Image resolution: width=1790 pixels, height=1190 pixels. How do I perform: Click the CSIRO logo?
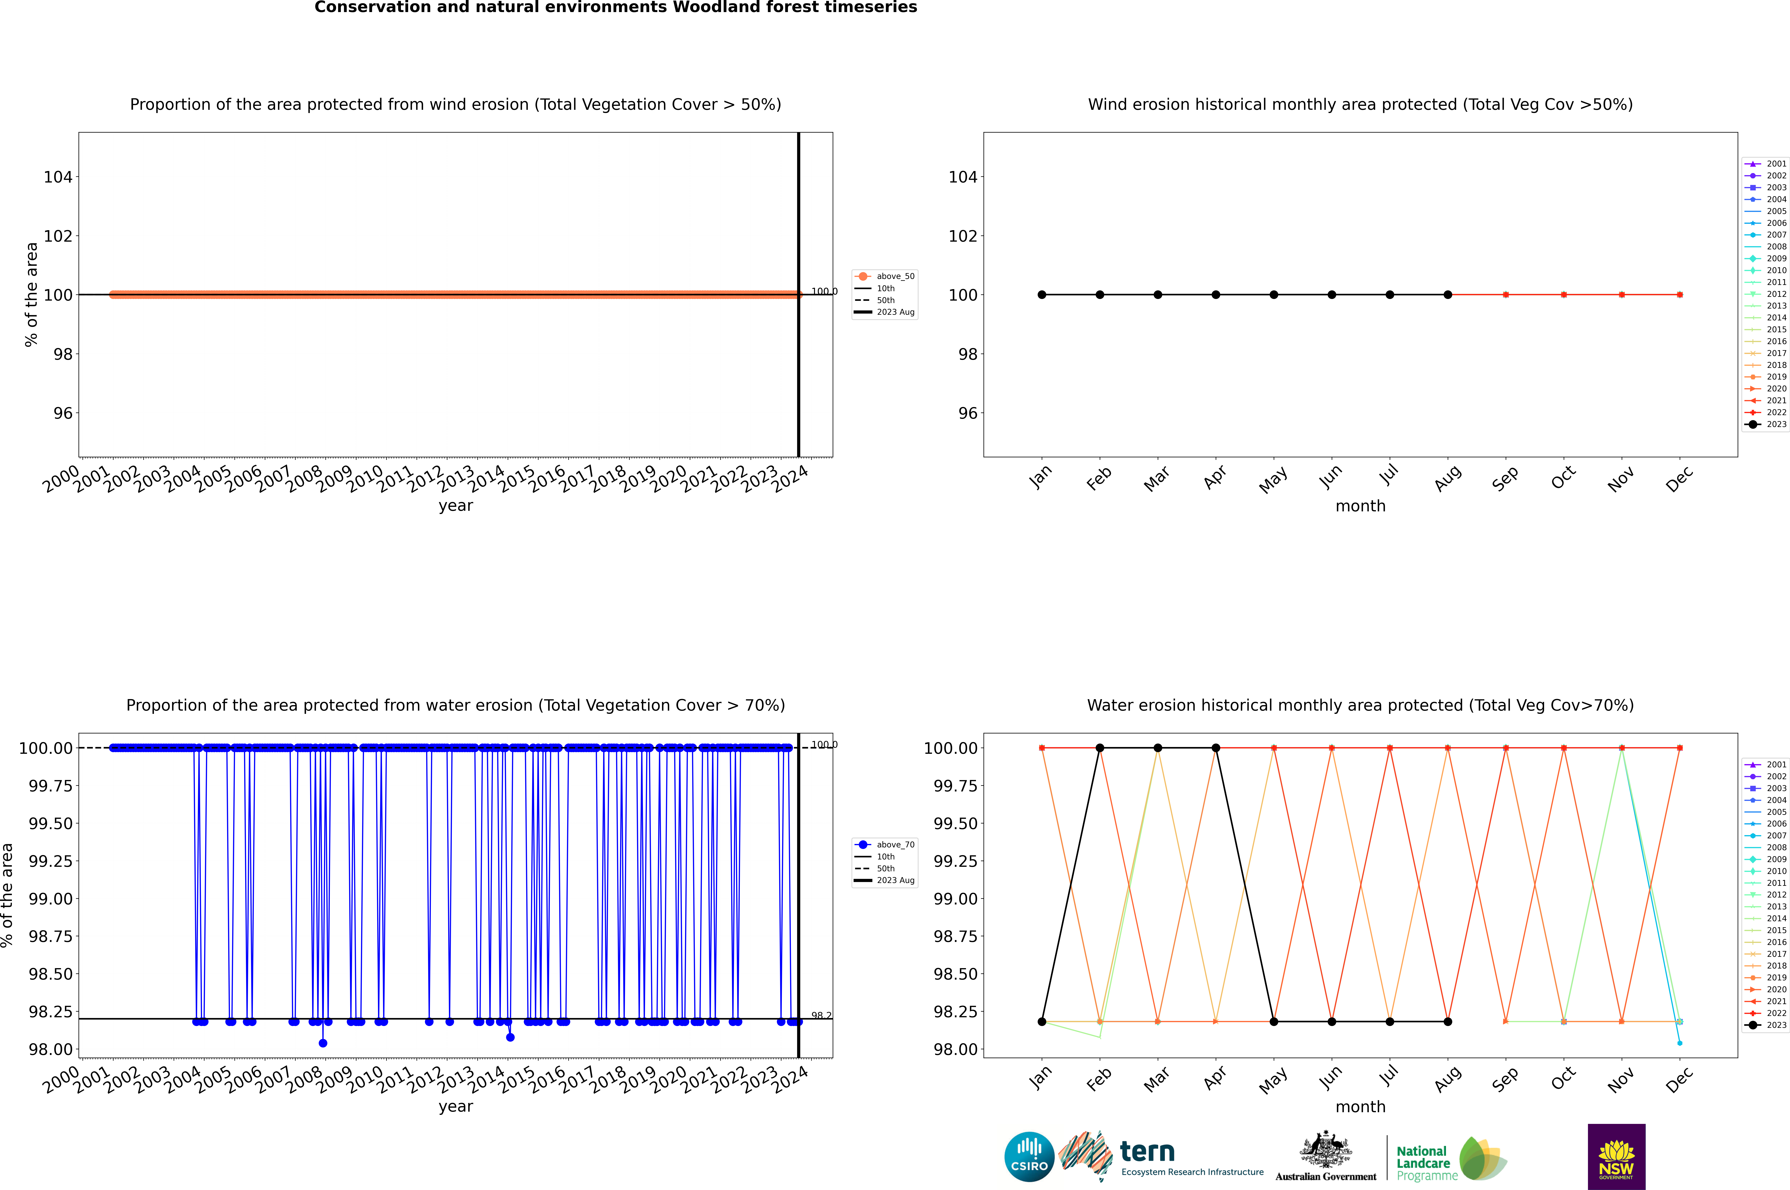click(x=1029, y=1157)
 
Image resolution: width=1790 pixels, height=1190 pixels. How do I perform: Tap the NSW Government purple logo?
click(x=1616, y=1157)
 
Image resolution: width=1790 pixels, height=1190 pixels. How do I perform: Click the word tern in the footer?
click(x=1147, y=1152)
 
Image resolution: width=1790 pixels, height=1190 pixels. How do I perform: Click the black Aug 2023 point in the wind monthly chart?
click(x=1448, y=294)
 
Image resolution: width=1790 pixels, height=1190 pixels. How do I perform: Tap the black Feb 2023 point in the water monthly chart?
click(x=1099, y=748)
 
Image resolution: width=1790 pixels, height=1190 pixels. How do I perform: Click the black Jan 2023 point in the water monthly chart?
click(x=1042, y=1021)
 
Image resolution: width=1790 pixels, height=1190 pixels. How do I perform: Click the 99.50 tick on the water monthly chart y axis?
click(x=955, y=823)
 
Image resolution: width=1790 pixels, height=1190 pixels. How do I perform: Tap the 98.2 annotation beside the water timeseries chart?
click(x=821, y=1015)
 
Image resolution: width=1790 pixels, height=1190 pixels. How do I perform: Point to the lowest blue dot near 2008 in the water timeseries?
click(x=323, y=1043)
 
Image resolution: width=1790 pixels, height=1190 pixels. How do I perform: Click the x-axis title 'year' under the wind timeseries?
click(x=455, y=506)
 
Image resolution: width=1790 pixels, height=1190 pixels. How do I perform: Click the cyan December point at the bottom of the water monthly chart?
click(x=1679, y=1043)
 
